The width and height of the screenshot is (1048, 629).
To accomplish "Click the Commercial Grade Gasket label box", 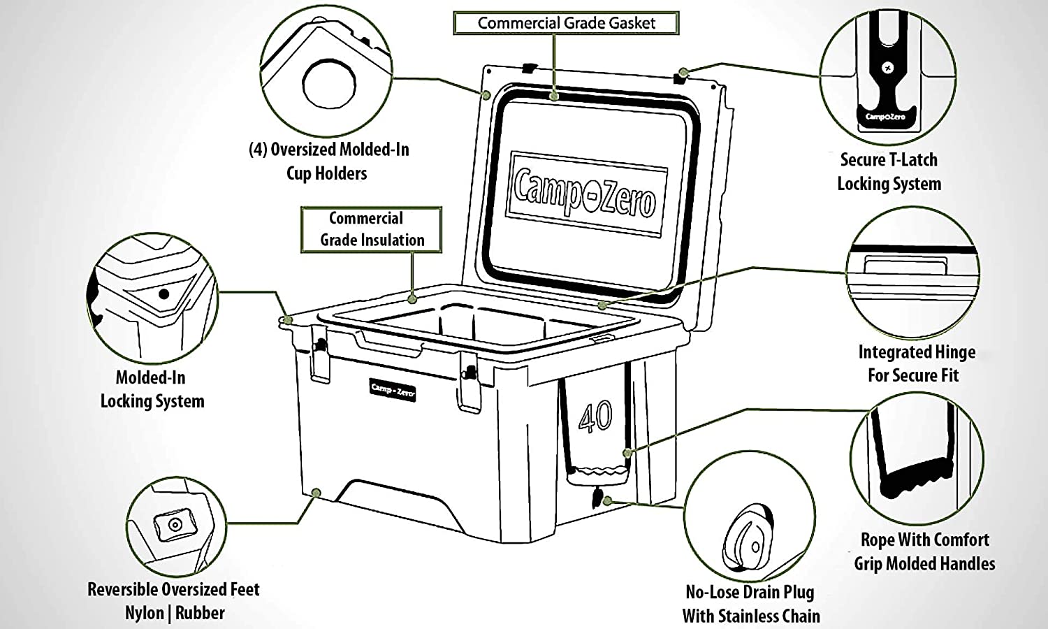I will (566, 23).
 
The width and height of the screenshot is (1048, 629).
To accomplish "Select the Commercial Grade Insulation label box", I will (372, 229).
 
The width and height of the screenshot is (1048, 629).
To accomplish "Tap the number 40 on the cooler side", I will (595, 417).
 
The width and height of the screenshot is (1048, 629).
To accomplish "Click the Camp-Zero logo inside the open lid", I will (585, 192).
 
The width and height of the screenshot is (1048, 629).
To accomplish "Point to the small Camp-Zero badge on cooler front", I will (393, 389).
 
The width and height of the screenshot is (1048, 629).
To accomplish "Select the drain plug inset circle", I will (749, 518).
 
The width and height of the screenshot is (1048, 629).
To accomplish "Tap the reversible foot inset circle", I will (175, 526).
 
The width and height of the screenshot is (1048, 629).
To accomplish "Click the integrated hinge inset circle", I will (912, 273).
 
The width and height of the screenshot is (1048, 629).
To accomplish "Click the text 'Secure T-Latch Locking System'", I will (889, 172).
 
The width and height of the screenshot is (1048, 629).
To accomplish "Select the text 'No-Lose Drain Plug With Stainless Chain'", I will (750, 604).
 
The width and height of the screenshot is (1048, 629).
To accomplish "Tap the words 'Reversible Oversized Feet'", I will (173, 590).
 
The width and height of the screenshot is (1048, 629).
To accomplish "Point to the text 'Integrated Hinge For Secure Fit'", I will (915, 363).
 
